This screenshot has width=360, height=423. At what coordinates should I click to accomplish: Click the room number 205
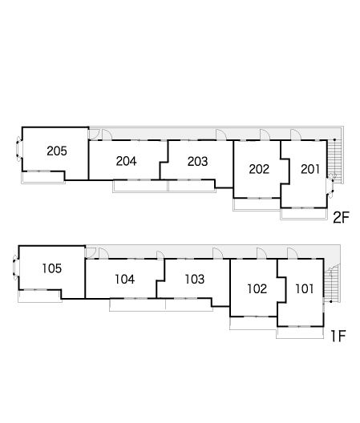coord(57,151)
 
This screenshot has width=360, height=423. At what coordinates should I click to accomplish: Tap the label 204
coord(126,161)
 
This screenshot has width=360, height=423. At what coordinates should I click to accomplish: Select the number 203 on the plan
coord(198,162)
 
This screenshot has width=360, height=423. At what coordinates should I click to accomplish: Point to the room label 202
coord(259,169)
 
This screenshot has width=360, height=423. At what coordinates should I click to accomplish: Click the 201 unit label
coord(310,169)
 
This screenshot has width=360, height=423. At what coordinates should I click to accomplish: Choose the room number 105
coord(52,268)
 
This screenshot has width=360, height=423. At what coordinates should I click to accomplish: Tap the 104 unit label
coord(125,280)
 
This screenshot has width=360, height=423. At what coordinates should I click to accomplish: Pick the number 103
coord(195,280)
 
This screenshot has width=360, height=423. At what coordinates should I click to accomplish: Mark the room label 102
coord(257,289)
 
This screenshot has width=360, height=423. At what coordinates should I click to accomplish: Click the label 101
coord(305,289)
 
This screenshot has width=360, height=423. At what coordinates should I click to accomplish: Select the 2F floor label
coord(341,217)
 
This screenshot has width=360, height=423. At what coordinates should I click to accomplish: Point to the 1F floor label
coord(338,336)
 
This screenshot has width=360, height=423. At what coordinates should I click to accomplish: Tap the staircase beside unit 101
coord(330,284)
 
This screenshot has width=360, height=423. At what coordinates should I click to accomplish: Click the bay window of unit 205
coord(18,149)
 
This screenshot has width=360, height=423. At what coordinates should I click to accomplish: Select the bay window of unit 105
coord(15,268)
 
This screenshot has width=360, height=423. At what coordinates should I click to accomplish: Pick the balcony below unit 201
coord(304,214)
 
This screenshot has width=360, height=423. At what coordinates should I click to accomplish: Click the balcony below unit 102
coord(253,323)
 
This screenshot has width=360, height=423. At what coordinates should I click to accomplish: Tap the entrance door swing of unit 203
coord(221,135)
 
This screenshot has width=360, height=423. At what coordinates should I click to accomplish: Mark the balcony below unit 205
coord(43,178)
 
